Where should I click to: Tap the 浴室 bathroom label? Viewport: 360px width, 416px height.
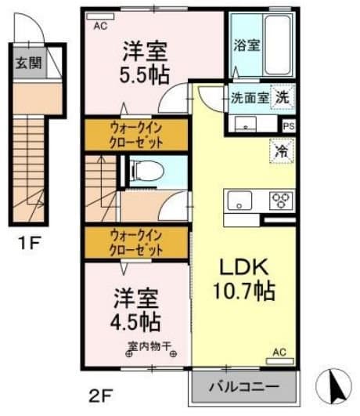tap(247, 45)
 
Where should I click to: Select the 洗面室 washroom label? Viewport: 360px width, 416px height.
tap(249, 99)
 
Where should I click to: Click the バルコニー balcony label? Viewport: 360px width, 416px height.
tap(245, 387)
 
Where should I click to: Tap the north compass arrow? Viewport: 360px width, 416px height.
tap(336, 385)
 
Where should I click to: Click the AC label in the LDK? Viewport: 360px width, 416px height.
tap(278, 353)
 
